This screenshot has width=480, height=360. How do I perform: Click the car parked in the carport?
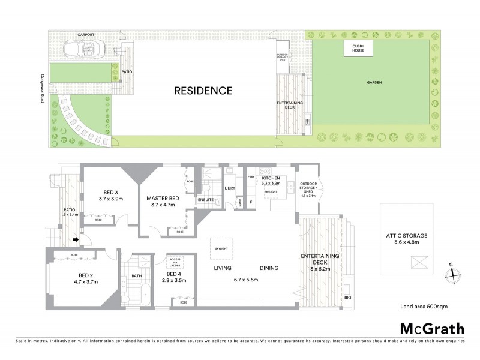84,47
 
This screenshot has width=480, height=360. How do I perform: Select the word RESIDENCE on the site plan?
203,91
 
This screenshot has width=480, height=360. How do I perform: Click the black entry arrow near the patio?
76,241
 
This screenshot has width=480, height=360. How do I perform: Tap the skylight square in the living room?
223,247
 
